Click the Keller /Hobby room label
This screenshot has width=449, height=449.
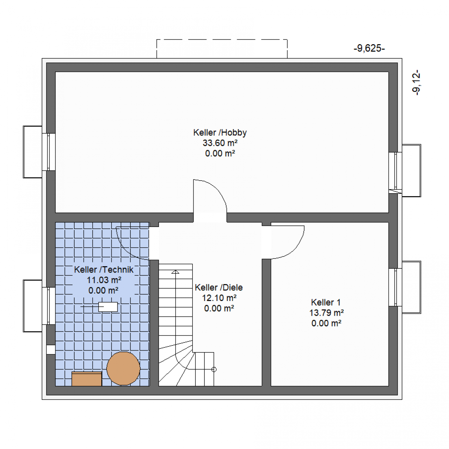pos(220,133)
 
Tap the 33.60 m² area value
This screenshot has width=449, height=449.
pos(220,143)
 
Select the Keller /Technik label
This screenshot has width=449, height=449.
pos(104,270)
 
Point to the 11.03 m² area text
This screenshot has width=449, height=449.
pos(104,280)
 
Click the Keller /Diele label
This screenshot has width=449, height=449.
pos(219,288)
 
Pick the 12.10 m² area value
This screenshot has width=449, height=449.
pos(219,298)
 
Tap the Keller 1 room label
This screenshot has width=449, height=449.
pos(326,302)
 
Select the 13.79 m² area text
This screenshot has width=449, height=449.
pos(327,313)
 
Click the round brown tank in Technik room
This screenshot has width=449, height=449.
pos(123,368)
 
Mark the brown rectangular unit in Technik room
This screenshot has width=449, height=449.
pos(87,378)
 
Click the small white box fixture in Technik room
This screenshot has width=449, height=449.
pos(108,307)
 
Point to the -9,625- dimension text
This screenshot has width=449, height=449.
pos(369,48)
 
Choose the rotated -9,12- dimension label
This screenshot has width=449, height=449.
pos(416,82)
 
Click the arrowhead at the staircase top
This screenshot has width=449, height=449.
pos(175,272)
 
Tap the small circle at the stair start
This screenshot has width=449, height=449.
pos(214,369)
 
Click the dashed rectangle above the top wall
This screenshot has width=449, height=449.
pos(222,40)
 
